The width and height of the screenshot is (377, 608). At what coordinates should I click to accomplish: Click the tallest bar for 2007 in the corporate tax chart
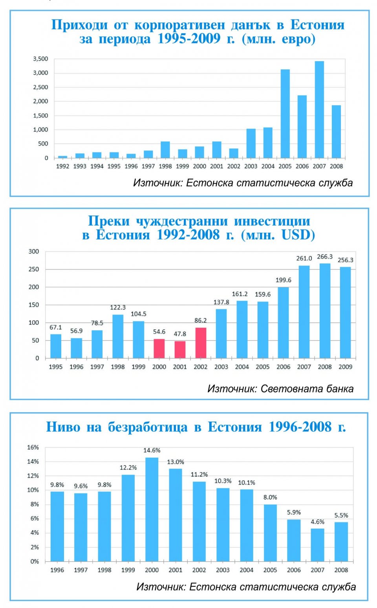coord(319,110)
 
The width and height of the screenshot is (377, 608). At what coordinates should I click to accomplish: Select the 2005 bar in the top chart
coord(285,113)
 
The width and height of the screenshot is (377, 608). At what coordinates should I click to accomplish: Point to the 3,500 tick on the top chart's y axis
coord(40,59)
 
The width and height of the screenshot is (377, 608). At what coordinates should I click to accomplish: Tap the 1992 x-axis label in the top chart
coord(62,166)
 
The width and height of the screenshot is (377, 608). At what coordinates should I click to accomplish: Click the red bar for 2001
coord(180,350)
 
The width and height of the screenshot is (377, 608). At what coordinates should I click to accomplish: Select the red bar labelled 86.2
coord(201,343)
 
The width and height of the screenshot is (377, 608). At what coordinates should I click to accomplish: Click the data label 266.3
coord(325,256)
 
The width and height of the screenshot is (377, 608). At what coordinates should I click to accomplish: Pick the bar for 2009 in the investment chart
coord(345,312)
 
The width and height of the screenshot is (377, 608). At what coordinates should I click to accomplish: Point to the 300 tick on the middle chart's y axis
coord(34,251)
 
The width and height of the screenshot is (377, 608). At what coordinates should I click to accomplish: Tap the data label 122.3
coord(117,307)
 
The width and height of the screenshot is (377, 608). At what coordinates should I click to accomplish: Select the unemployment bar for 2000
coord(152,509)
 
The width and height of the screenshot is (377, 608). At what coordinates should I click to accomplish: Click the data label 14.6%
coord(152,450)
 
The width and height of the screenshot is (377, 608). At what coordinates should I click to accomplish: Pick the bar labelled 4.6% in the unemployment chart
coord(318,545)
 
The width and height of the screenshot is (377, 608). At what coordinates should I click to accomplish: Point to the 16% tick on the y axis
coord(33,447)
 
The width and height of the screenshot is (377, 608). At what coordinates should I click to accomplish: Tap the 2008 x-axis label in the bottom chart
coord(341,570)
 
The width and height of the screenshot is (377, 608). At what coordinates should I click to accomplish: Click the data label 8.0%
coord(270,497)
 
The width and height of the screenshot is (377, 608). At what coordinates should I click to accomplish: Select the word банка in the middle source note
coord(340,389)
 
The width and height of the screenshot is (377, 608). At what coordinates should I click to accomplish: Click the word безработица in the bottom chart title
coord(148,427)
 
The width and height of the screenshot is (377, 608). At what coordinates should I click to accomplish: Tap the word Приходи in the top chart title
coord(79,25)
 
